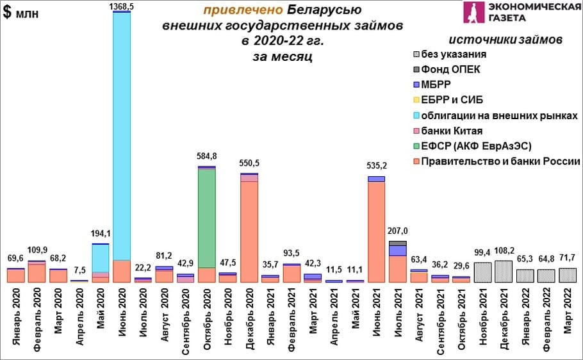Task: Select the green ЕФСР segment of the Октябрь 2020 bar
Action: point(206,218)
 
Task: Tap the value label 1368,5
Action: point(122,6)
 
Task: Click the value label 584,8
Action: point(206,156)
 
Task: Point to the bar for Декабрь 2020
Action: point(249,231)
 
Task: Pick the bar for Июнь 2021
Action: point(376,231)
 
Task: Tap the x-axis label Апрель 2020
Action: point(79,310)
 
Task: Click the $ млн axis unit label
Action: point(21,14)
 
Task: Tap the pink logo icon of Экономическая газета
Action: point(475,13)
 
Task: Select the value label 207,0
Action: point(398,230)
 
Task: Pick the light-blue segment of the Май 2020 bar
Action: point(100,258)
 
